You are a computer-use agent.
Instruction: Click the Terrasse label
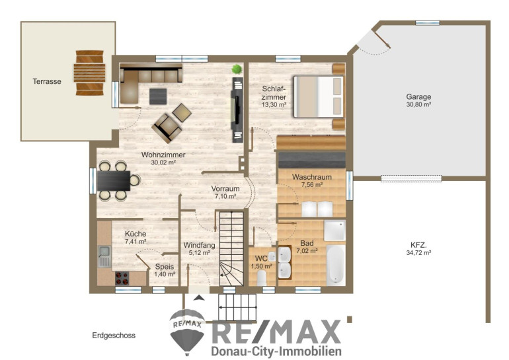[47, 81]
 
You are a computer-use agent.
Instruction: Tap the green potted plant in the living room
[237, 69]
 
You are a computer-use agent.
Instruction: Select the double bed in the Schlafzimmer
[318, 96]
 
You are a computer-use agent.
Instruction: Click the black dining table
[114, 180]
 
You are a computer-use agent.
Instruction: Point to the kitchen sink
[104, 256]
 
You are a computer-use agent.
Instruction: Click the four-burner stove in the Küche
[122, 278]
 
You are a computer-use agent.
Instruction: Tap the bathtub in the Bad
[335, 264]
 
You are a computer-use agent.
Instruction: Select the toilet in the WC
[262, 278]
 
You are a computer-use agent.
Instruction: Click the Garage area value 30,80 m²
[418, 104]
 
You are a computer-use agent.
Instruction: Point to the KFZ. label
[418, 245]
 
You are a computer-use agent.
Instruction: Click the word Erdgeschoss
[114, 336]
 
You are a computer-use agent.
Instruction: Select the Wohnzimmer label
[163, 155]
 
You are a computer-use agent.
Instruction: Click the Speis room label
[164, 267]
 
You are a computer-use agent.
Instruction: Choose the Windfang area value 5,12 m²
[200, 253]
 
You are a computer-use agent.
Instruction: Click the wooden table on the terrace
[90, 73]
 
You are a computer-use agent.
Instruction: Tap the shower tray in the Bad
[334, 231]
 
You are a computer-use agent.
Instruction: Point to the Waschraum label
[311, 177]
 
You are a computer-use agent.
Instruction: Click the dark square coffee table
[158, 96]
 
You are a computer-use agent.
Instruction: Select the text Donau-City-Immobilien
[276, 351]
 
